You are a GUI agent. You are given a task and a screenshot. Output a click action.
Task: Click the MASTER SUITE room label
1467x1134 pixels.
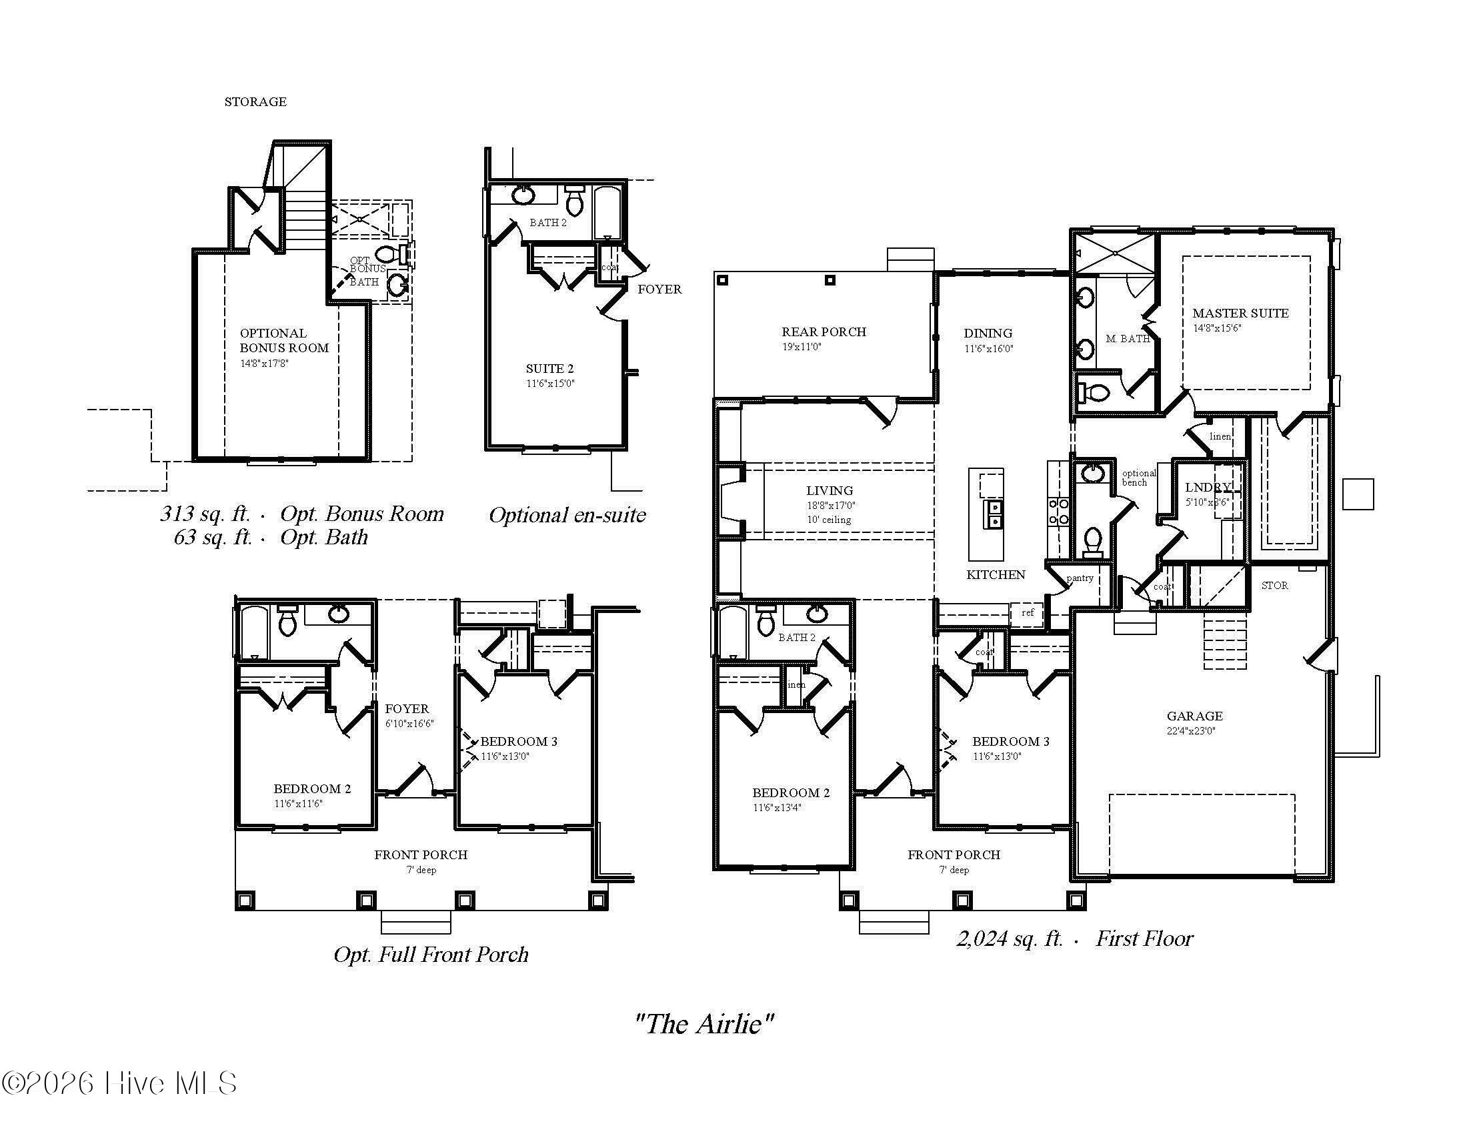click(x=1240, y=313)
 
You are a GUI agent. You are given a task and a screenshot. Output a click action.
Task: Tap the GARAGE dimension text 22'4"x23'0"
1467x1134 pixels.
click(x=1190, y=731)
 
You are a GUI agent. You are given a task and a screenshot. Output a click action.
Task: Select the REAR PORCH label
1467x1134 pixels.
click(x=824, y=332)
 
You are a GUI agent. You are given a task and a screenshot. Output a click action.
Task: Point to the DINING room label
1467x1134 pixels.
click(x=988, y=334)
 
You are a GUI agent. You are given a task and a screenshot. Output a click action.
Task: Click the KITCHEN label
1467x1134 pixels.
click(x=996, y=575)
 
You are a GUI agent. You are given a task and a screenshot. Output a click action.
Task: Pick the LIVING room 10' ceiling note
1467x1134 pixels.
click(x=829, y=520)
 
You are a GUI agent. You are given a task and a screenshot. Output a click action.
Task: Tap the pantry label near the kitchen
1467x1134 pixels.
click(x=1080, y=578)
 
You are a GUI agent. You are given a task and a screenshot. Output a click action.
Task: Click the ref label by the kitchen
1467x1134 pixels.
click(x=1027, y=612)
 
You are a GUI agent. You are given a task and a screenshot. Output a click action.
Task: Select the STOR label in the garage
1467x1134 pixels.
click(x=1274, y=586)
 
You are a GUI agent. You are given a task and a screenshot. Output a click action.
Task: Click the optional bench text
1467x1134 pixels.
click(x=1138, y=478)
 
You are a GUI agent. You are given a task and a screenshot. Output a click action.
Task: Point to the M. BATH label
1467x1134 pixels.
click(x=1127, y=339)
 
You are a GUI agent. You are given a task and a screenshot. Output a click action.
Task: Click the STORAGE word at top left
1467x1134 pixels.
click(x=255, y=102)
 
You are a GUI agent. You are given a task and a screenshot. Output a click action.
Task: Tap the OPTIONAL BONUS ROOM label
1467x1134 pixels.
click(x=284, y=341)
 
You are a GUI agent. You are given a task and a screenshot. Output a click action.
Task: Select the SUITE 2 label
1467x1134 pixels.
click(x=549, y=369)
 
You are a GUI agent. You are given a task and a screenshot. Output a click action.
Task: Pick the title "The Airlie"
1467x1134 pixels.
click(x=704, y=1024)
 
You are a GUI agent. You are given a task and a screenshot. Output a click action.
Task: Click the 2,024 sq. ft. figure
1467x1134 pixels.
click(x=1009, y=939)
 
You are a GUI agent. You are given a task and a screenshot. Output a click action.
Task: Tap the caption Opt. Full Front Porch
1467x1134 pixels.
click(x=431, y=955)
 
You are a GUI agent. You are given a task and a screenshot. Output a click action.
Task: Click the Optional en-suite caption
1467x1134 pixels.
click(x=567, y=515)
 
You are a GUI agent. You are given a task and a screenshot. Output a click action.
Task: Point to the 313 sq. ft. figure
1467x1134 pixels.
click(x=204, y=514)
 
